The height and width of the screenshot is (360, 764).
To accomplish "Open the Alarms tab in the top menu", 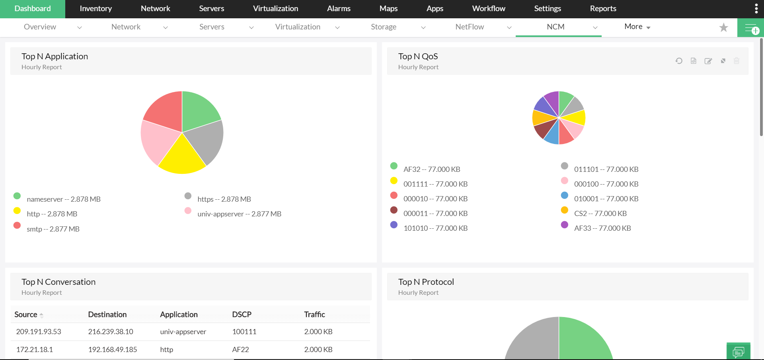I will [x=339, y=9].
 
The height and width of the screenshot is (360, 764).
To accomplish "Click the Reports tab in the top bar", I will [x=603, y=9].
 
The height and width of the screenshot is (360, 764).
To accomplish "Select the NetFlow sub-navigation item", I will [x=470, y=27].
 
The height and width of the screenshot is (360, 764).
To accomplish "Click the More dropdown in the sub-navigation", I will [x=637, y=27].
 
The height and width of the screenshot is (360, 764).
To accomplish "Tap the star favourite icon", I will [x=723, y=27].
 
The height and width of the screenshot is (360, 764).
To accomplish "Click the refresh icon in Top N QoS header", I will [x=679, y=61].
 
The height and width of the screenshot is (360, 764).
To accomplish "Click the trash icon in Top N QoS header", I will [x=737, y=61].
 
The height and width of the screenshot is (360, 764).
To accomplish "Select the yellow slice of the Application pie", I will [x=182, y=157].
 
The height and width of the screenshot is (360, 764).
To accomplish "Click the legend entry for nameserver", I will [x=63, y=199].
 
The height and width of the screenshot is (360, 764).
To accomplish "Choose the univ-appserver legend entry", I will [x=239, y=214].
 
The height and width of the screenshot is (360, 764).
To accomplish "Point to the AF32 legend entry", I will [x=431, y=169].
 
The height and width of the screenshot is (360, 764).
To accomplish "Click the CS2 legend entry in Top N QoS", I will [x=600, y=214].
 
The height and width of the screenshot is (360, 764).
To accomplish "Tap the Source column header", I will [x=26, y=315].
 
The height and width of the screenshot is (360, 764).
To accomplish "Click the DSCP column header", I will [x=242, y=315].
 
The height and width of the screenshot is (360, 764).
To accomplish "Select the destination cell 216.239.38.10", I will [x=111, y=332].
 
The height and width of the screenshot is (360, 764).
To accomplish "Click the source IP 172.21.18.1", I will [x=35, y=350].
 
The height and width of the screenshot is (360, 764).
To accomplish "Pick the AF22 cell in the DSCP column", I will [x=240, y=350].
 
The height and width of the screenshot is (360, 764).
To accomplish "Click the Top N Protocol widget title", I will [x=426, y=282].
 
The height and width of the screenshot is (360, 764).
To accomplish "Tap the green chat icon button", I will [x=738, y=352].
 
